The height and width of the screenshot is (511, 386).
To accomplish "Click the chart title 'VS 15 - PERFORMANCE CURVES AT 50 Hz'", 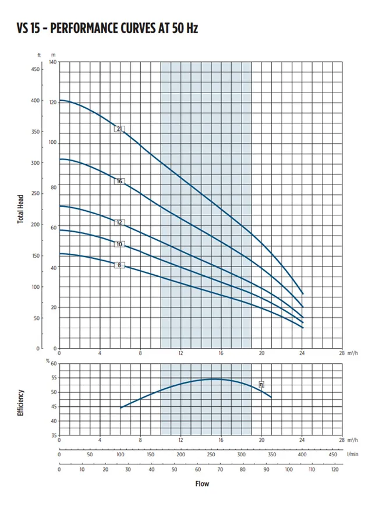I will (x=108, y=28).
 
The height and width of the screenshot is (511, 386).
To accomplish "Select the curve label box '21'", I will (x=120, y=129).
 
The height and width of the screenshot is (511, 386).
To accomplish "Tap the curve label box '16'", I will (x=119, y=182).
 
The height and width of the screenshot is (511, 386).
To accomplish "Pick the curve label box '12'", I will (x=119, y=222).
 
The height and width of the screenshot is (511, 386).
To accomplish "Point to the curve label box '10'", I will (x=119, y=244).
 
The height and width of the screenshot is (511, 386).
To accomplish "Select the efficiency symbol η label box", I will (x=261, y=384).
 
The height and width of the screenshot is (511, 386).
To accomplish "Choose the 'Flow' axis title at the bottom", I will (x=201, y=484).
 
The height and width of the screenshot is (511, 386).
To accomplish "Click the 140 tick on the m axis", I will (x=53, y=62).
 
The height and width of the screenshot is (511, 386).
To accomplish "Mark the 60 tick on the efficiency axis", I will (x=54, y=364).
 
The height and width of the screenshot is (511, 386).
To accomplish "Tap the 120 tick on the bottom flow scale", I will (x=334, y=469).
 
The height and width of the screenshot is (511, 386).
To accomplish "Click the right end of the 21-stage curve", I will (x=303, y=294).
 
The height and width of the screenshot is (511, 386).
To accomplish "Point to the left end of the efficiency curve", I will (x=121, y=408).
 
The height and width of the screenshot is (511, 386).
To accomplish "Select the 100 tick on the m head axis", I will (x=53, y=143).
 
